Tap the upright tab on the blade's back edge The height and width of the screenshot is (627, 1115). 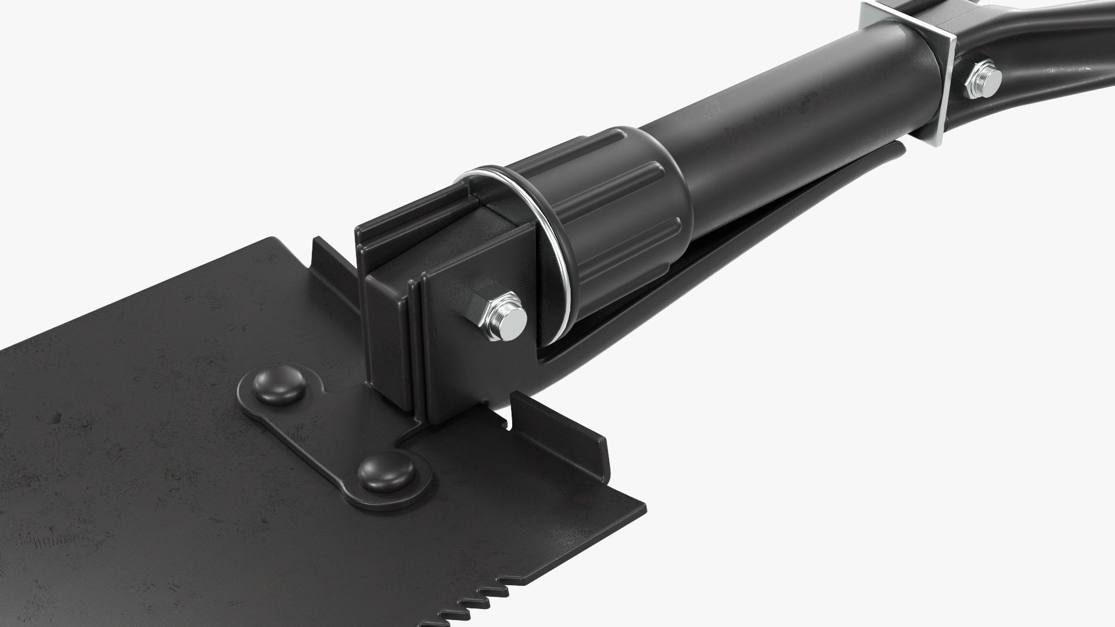(x=331, y=261)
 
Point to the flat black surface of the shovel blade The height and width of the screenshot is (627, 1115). (x=145, y=435)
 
